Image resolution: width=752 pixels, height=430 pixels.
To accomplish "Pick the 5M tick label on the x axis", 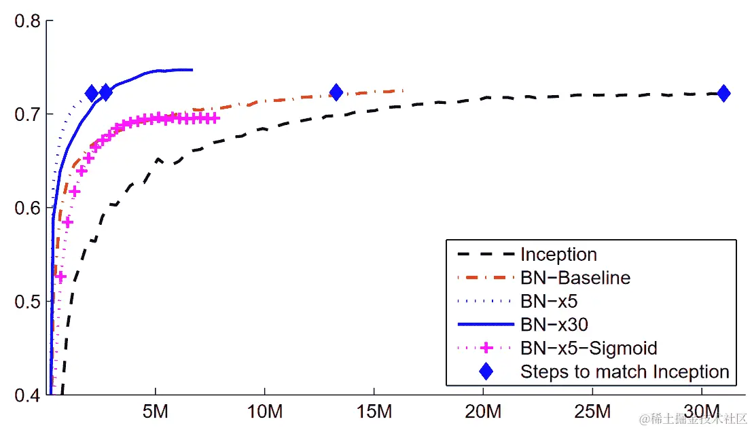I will pos(156,412).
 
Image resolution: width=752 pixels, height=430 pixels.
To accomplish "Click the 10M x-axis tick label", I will pos(264,412).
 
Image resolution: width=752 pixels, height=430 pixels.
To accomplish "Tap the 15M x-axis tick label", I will pos(374,412).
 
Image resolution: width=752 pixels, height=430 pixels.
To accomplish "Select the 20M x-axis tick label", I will pos(483,412).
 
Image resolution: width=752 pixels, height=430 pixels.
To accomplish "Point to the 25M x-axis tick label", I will pos(592,412).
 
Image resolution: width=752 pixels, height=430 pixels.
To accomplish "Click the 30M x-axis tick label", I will pos(701,412).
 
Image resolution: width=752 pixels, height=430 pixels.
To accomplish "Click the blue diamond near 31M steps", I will pos(723,93).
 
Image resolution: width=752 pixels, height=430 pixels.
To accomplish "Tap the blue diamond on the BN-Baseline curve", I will pos(336,92).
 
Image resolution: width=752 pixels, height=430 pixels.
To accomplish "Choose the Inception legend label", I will pos(558,255).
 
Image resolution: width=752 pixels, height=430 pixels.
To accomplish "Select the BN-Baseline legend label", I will pos(575,278).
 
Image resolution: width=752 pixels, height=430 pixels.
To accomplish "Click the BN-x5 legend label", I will pos(549,301).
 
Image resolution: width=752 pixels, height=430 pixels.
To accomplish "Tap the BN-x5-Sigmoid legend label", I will pos(588,348).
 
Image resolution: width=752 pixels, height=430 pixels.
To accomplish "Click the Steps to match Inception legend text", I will pos(624,372).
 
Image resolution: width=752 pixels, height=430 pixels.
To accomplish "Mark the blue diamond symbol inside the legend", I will pos(486,372).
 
